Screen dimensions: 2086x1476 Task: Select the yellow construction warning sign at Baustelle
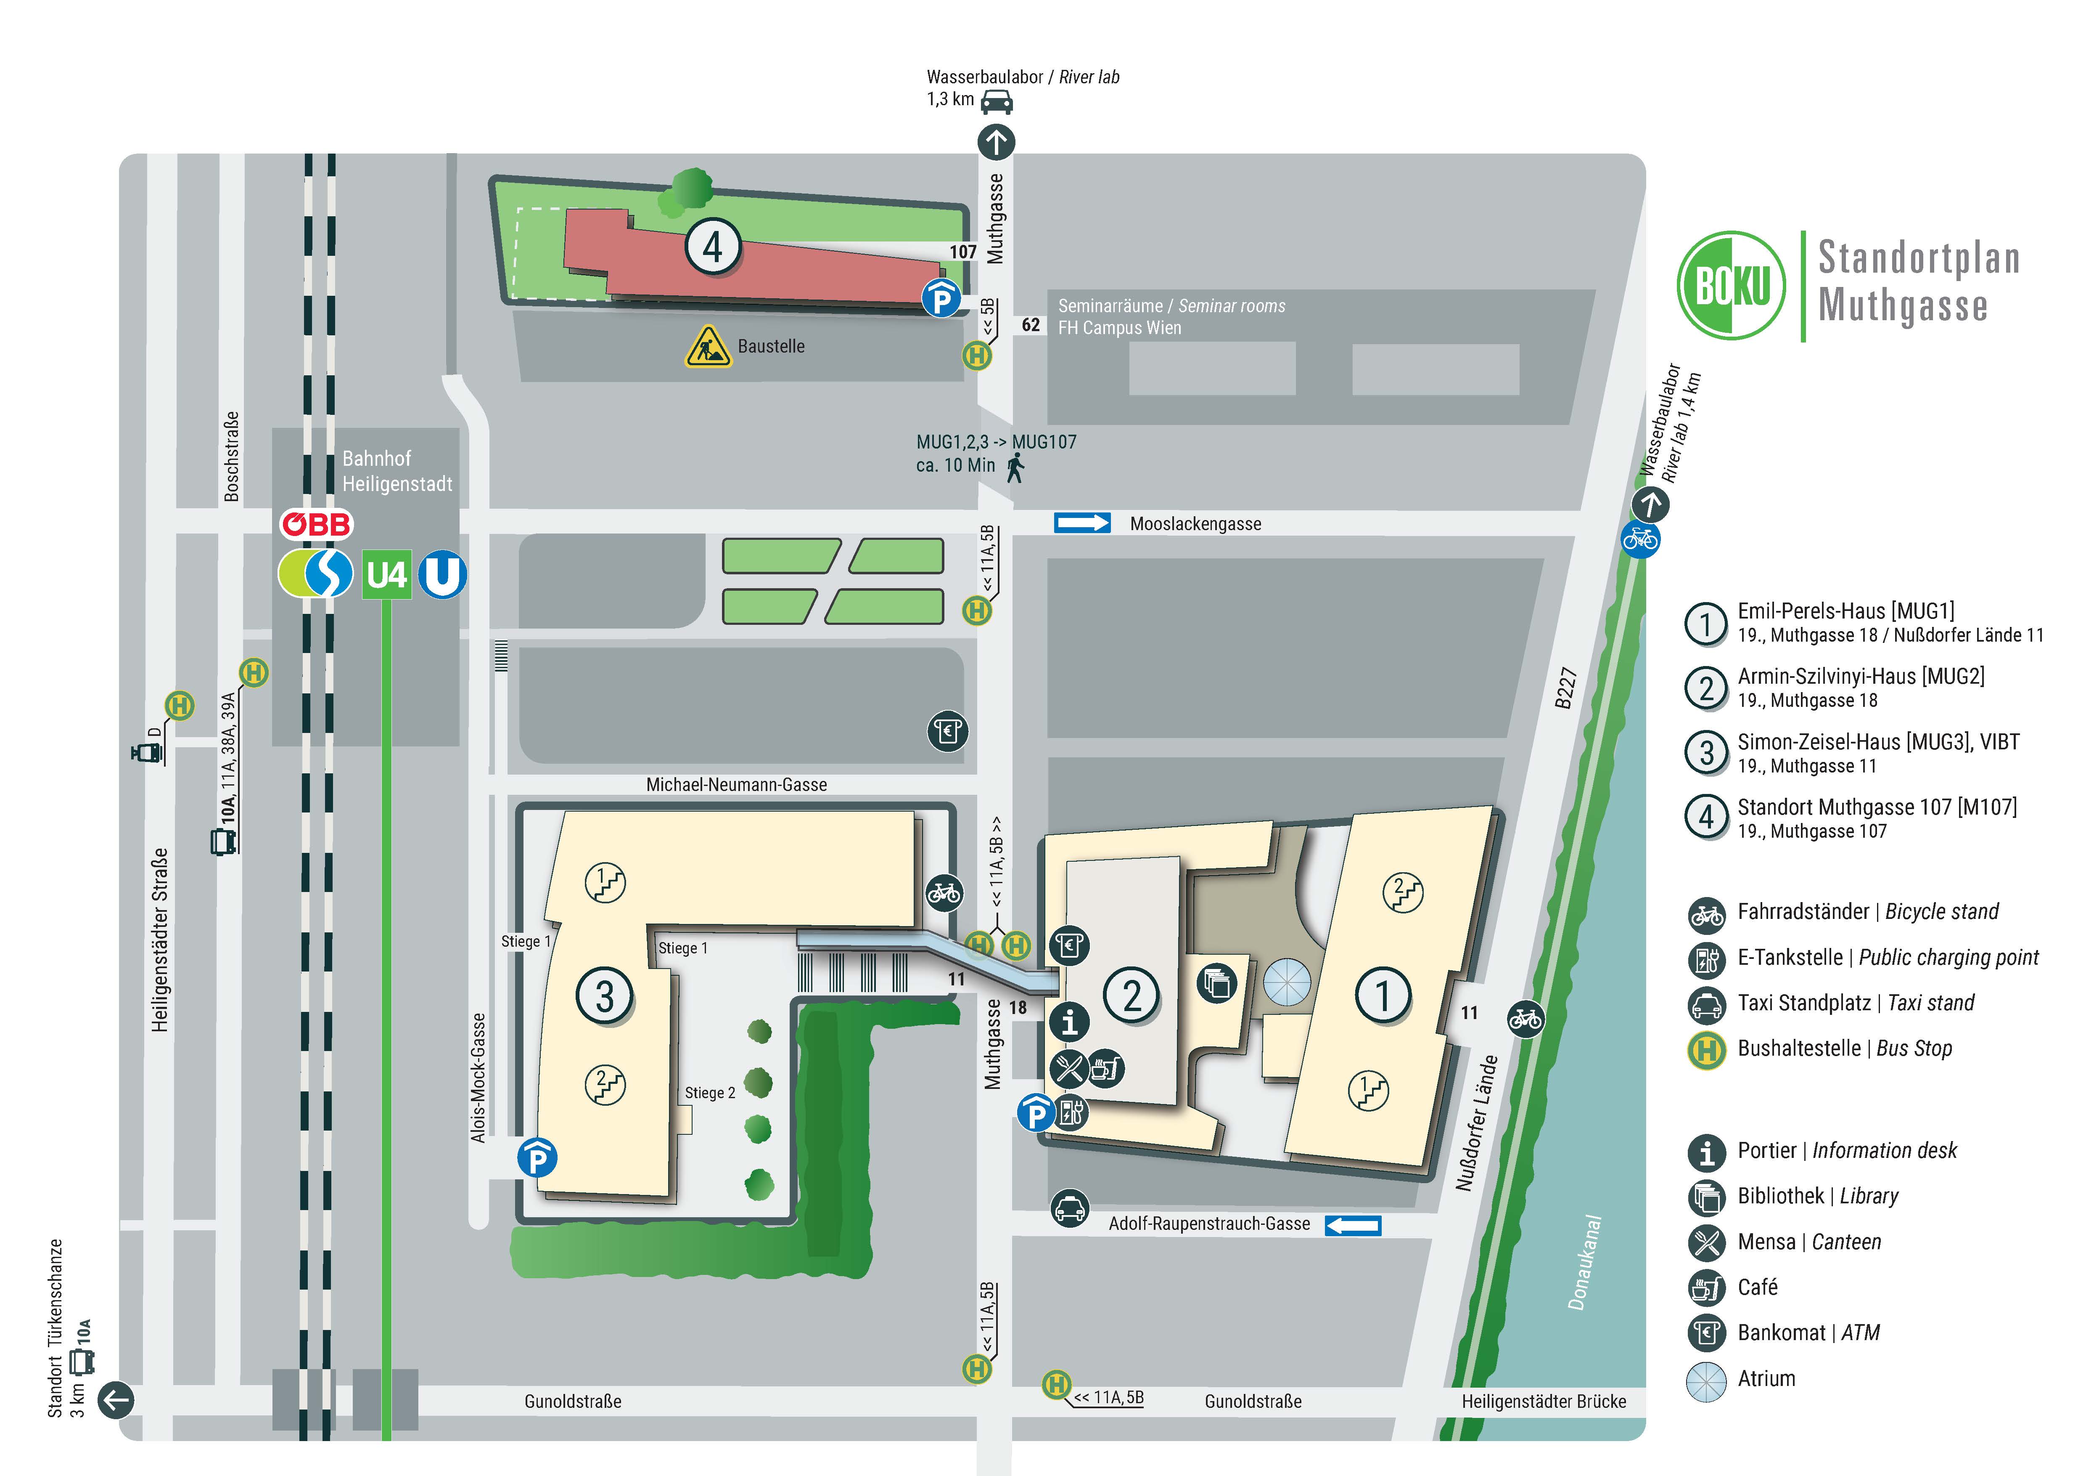708,346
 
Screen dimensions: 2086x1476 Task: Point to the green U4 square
387,574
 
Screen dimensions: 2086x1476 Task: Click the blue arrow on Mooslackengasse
1082,523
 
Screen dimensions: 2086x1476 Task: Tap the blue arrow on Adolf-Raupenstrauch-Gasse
1353,1225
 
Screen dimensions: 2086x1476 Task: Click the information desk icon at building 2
1069,1022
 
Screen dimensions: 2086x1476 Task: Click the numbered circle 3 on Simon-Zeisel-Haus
604,996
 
